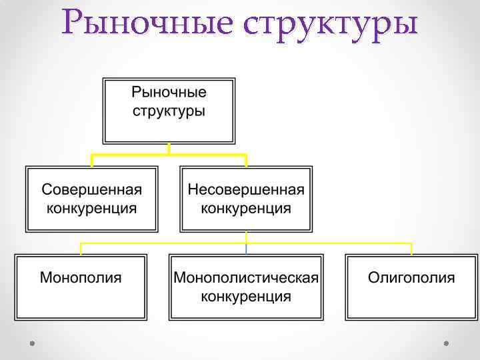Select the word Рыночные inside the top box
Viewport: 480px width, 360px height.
tap(169, 92)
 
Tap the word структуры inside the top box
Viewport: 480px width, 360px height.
tap(169, 111)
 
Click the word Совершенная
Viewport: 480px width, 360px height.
tap(92, 189)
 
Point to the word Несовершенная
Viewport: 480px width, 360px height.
tap(246, 189)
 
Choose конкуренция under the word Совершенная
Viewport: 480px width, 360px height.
tap(92, 208)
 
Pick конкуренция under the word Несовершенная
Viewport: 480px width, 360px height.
tap(246, 208)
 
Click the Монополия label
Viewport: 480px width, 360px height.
tap(81, 277)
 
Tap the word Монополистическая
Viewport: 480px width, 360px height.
tap(246, 277)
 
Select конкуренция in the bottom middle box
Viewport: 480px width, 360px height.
tap(246, 296)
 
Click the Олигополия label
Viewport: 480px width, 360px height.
tap(411, 277)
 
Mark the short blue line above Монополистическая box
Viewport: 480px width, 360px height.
tap(246, 248)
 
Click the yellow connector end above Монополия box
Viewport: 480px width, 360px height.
tap(81, 249)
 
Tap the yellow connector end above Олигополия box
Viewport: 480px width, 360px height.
tap(411, 249)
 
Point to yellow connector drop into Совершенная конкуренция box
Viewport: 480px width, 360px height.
tap(92, 160)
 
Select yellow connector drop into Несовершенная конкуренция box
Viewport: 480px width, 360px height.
tap(246, 160)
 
